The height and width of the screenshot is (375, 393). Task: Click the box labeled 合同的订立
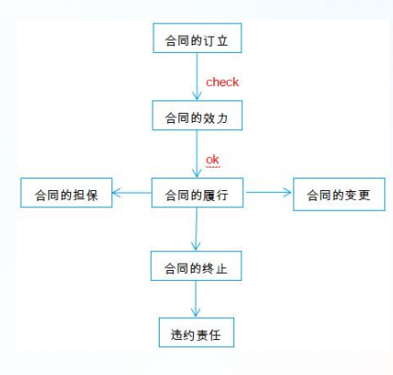[196, 40]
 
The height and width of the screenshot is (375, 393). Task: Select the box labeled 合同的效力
[196, 117]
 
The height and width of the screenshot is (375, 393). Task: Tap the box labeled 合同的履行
[196, 193]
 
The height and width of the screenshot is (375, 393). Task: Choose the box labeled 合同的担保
[66, 193]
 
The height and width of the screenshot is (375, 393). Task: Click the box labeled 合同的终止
[196, 267]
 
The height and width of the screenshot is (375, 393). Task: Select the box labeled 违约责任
[196, 334]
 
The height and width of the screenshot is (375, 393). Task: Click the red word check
[223, 82]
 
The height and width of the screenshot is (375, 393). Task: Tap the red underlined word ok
[213, 161]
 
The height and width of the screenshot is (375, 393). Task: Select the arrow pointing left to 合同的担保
[133, 192]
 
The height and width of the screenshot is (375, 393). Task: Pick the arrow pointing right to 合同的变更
[269, 191]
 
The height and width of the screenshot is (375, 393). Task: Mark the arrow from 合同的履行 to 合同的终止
[196, 230]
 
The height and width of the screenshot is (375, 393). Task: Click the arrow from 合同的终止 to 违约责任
[196, 301]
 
